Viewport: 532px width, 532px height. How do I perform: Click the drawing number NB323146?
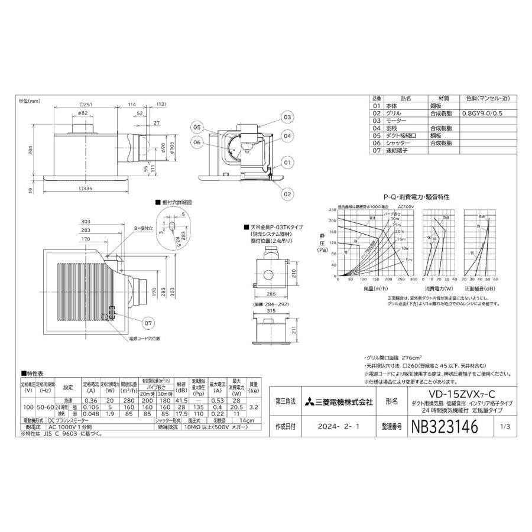[442, 424]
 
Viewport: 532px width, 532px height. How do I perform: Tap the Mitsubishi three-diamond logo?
[310, 402]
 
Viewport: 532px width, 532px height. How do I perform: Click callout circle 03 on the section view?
[287, 117]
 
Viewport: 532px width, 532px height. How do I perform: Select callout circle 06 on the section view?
[197, 142]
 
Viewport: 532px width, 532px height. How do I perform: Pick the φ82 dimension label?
[83, 113]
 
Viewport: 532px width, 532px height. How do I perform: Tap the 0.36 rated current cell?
[92, 400]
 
